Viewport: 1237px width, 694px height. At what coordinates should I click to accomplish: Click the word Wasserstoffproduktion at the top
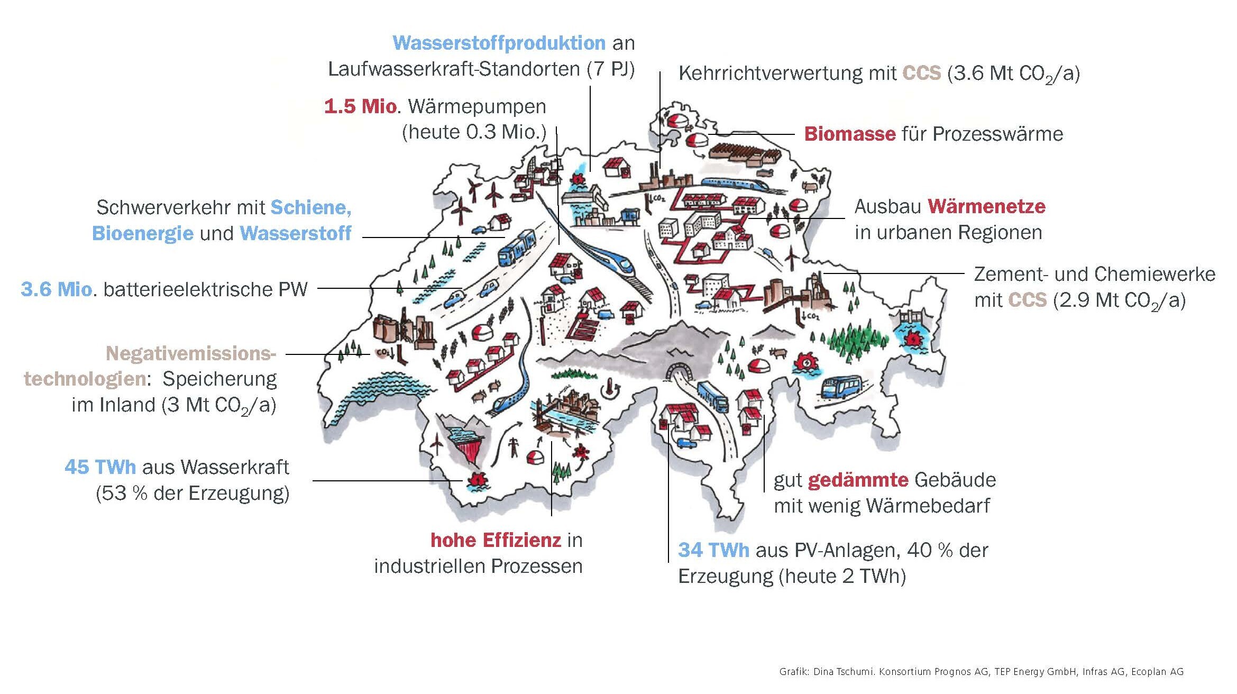499,43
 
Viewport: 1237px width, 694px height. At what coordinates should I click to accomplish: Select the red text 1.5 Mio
360,106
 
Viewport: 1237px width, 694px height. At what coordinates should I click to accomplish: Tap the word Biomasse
849,134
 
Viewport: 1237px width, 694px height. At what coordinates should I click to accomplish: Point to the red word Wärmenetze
987,206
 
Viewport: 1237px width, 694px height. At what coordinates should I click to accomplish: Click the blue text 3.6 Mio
57,289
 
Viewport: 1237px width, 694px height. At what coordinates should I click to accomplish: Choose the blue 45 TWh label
100,467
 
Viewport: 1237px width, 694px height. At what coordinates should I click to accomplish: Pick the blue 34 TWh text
713,550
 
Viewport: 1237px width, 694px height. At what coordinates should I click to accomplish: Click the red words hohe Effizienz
496,540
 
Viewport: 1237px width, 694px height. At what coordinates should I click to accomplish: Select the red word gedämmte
858,480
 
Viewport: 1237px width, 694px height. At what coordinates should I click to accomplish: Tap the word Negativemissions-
191,353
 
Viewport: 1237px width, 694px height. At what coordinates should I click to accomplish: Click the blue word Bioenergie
143,233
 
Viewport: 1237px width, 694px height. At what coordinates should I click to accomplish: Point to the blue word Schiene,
311,207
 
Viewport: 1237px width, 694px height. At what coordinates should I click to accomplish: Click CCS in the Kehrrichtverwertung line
922,73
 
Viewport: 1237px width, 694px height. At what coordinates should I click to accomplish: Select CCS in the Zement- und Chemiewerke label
1028,300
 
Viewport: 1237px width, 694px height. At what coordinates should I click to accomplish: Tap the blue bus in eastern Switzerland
841,388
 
